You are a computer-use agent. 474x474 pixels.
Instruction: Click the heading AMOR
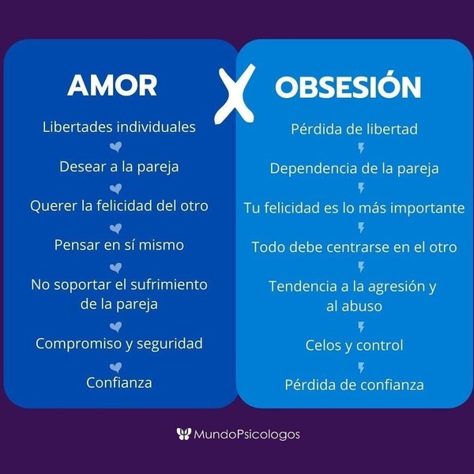pos(112,85)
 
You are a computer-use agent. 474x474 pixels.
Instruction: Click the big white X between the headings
pos(235,94)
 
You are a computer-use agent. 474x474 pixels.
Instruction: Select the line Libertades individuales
pos(119,127)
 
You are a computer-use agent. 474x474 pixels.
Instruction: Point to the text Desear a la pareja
pos(119,167)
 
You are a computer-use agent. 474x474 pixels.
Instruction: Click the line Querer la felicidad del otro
pos(119,206)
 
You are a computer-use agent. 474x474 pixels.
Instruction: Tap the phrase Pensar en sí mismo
pos(119,245)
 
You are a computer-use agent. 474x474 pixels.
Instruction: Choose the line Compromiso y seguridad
pos(119,344)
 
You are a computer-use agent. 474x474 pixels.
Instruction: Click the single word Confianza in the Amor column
pos(119,382)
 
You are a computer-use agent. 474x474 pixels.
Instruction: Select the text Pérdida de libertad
pos(354,129)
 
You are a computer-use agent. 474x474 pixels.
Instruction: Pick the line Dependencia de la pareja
pos(354,169)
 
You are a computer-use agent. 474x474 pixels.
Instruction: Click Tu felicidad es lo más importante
pos(354,208)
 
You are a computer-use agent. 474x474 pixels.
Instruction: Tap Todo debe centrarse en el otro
pos(354,247)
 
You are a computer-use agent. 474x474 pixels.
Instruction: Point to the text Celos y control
pos(354,345)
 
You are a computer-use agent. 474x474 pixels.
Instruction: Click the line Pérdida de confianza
pos(354,385)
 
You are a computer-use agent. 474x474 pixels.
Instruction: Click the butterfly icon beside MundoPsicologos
pos(184,434)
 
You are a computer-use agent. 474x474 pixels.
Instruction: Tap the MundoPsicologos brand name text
pos(246,434)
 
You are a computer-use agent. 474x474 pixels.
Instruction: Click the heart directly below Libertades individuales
pos(116,147)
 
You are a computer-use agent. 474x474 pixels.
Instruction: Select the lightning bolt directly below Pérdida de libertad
pos(361,149)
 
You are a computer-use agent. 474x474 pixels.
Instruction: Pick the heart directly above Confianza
pos(116,367)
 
